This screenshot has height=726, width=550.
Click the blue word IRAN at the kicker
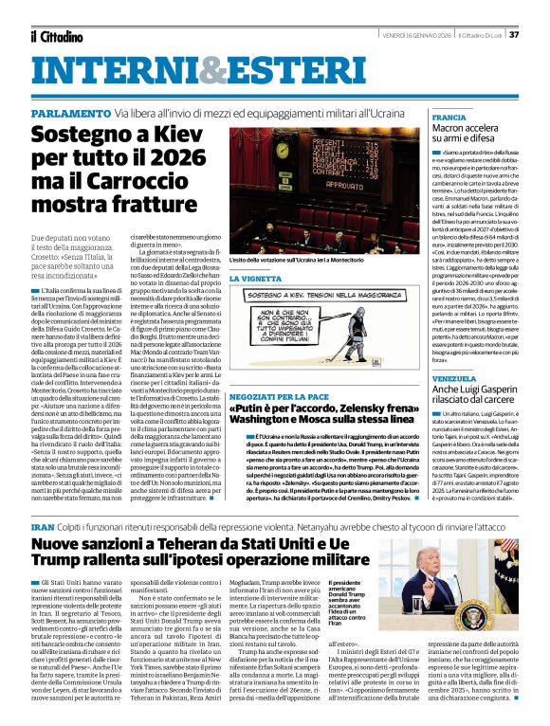(44, 525)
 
